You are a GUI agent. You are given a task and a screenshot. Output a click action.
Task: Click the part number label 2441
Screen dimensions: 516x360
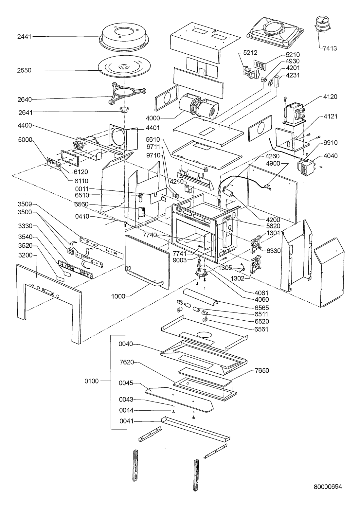24,37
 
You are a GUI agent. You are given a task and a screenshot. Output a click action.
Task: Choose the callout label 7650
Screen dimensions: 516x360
262,371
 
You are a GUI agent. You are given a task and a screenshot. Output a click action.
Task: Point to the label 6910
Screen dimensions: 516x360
330,143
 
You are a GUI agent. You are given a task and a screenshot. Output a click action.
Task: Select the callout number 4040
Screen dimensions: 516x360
330,156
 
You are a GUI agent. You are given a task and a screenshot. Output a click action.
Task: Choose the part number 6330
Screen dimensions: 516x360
273,250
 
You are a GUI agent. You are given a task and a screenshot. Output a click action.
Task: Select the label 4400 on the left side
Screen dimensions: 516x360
25,125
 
